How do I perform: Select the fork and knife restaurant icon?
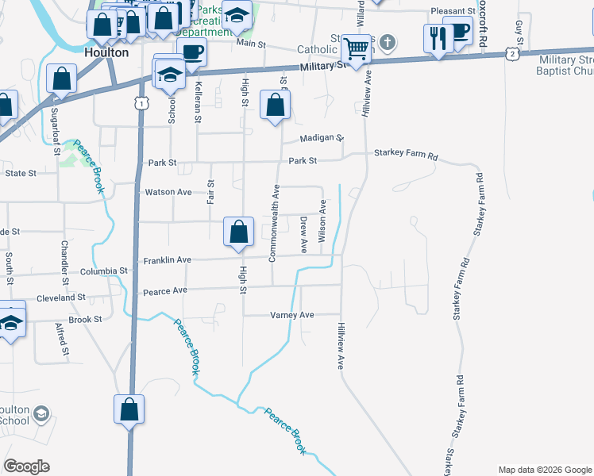(x=438, y=37)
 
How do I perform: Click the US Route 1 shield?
(x=141, y=103)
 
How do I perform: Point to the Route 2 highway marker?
(x=513, y=53)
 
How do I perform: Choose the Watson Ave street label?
(x=168, y=192)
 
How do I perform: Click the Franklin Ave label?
(x=168, y=259)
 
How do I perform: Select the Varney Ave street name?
(x=292, y=315)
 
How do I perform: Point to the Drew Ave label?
(x=303, y=236)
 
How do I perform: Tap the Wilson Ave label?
(x=322, y=221)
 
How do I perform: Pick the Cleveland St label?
(x=61, y=297)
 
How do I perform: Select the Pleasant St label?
(x=453, y=11)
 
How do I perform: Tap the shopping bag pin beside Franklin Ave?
(x=238, y=232)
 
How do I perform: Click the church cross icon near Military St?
(x=387, y=41)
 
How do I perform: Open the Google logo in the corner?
(x=26, y=466)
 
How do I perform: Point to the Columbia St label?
(x=104, y=271)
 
